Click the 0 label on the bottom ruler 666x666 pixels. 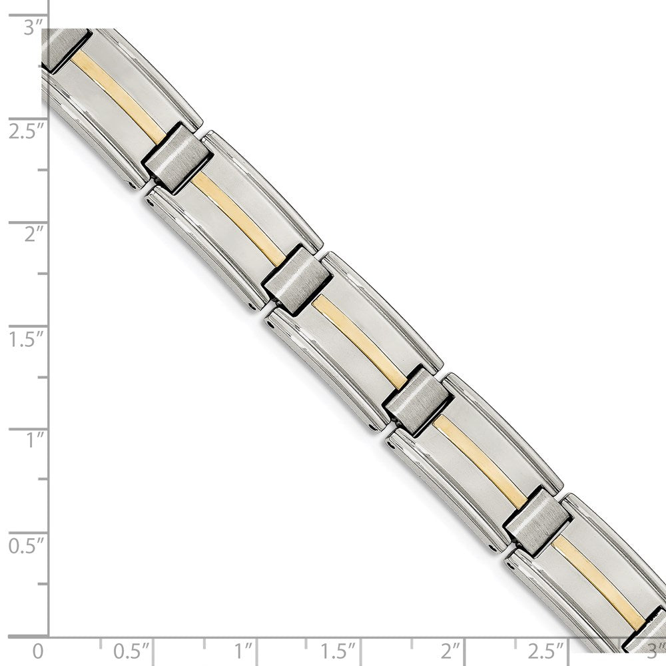[x=39, y=649]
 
